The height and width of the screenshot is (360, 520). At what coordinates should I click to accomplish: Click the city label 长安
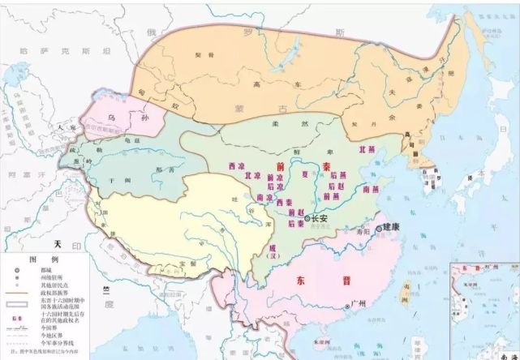pyautogui.click(x=319, y=217)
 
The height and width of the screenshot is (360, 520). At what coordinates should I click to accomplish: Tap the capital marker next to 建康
pyautogui.click(x=379, y=228)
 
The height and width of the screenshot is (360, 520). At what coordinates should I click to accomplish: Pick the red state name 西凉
pyautogui.click(x=237, y=166)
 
